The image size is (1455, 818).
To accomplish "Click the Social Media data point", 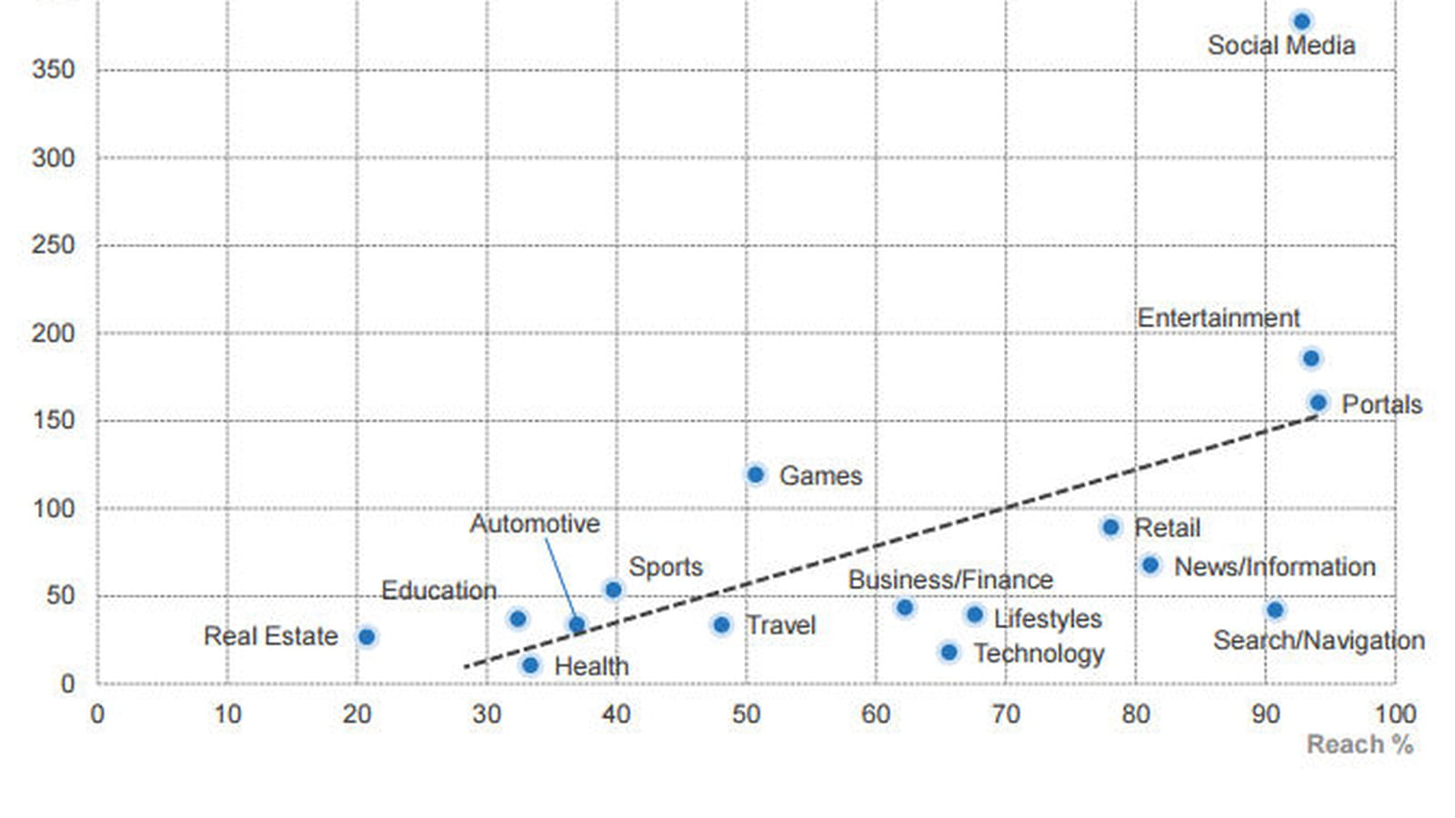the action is coord(1301,22).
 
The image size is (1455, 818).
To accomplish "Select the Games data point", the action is coord(756,474).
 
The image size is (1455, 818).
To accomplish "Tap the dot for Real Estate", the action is coord(367,637).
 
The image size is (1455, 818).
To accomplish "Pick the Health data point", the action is coord(531,664).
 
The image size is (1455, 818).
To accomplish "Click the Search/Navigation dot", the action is coord(1275,610).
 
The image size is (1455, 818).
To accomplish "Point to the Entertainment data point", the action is coord(1311,358).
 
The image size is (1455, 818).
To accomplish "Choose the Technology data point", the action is coord(949,652).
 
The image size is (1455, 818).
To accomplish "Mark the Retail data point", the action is coord(1110,527).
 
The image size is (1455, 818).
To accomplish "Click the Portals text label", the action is coord(1381,404).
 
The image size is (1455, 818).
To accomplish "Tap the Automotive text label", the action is coord(535,524).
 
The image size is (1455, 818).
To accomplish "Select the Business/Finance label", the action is coord(950,580).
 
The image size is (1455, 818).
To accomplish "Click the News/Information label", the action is coord(1274,567).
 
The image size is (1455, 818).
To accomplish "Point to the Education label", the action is coord(438,591).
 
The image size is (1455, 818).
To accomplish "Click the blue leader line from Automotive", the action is coord(560,581).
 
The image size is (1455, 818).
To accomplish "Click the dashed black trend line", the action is coord(891,542).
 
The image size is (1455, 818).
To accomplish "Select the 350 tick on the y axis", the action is coord(54,69).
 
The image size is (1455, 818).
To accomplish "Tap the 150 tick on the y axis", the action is coord(54,421).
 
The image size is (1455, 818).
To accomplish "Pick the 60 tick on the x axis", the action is coord(876,714).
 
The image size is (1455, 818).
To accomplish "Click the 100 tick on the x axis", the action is coord(1395,714).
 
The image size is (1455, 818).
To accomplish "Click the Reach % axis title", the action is coord(1360,744).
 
